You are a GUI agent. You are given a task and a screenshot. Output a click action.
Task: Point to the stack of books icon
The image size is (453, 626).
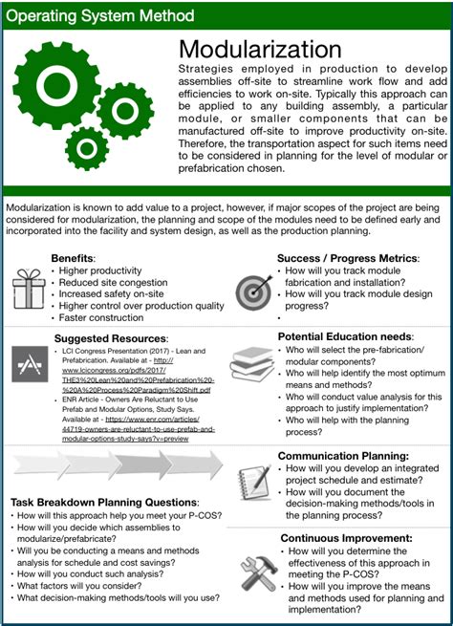[253, 365]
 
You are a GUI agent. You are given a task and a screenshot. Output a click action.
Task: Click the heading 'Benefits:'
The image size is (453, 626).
[74, 259]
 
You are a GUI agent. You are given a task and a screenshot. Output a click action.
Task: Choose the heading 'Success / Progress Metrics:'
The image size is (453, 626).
[347, 258]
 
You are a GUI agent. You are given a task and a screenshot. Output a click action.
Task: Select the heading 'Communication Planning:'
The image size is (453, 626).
[342, 456]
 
